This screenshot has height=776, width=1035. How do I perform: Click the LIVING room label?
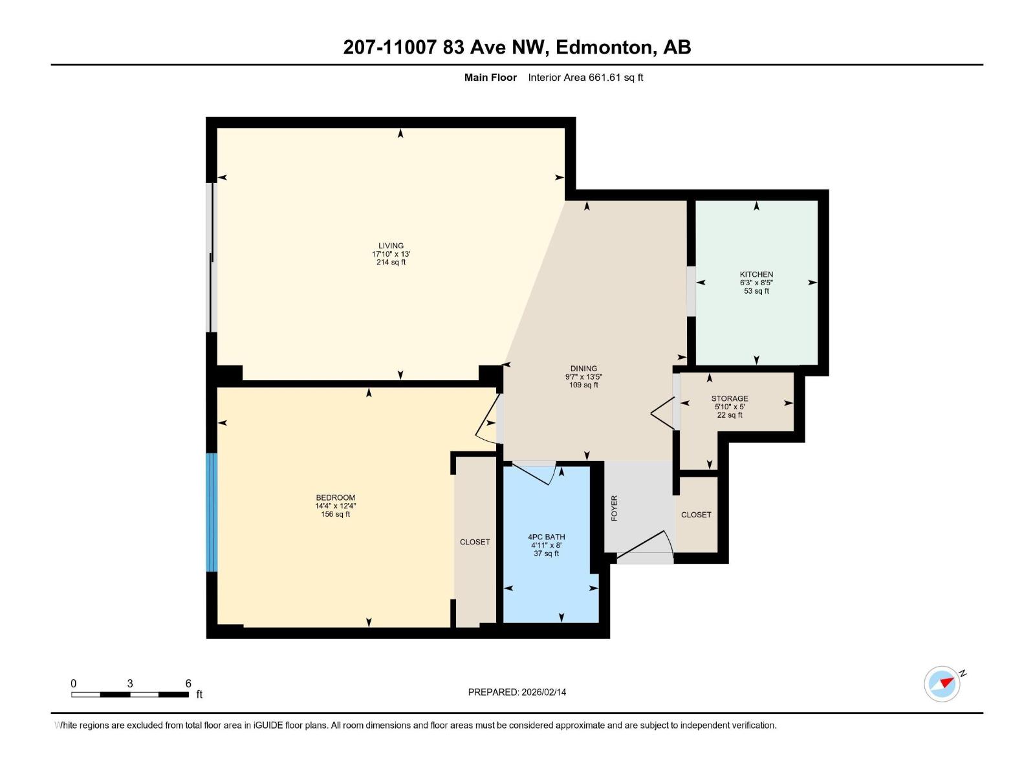[x=391, y=246]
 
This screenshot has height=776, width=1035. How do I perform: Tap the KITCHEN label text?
[x=756, y=274]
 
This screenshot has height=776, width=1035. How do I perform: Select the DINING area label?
[x=583, y=369]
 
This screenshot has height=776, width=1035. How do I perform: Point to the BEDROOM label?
[x=335, y=497]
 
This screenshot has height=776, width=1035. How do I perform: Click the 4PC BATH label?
[x=546, y=537]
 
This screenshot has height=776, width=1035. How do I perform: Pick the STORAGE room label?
[x=729, y=398]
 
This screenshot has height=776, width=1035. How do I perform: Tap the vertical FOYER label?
[x=615, y=508]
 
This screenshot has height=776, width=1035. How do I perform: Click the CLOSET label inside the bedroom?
[x=475, y=542]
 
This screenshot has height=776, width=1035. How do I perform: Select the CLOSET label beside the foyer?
[x=696, y=515]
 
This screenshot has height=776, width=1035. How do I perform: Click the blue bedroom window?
[x=211, y=512]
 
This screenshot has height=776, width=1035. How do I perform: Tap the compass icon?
[x=942, y=684]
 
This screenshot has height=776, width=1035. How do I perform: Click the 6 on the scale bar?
[x=188, y=683]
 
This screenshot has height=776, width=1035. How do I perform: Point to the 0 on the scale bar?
[x=74, y=683]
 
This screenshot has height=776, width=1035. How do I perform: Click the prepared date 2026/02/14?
[x=543, y=692]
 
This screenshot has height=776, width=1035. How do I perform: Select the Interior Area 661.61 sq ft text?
[x=585, y=78]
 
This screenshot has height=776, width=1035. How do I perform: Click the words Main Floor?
[x=490, y=78]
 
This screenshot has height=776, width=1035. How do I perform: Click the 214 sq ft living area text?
[x=391, y=263]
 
